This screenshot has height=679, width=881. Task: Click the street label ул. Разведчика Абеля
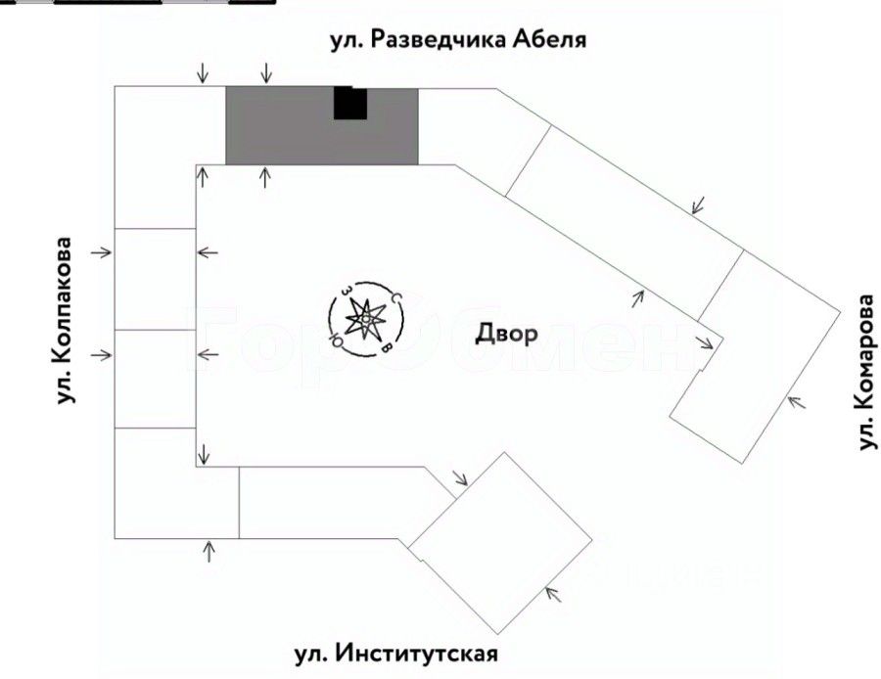tap(457, 40)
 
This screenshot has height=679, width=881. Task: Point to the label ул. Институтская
tap(397, 653)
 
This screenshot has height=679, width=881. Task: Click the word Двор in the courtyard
tap(506, 334)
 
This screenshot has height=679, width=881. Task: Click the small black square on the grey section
tap(349, 103)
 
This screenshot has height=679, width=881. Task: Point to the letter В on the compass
tap(388, 347)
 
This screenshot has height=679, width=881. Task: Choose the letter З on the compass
tap(346, 291)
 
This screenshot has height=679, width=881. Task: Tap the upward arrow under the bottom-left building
tap(209, 550)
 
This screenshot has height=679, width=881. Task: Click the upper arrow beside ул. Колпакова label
tap(102, 252)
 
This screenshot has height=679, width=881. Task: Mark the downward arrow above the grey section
tap(265, 72)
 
